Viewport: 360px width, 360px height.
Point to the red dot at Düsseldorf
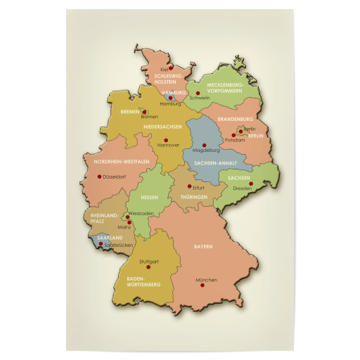(99, 176)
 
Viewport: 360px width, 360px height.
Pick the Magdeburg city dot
(205, 145)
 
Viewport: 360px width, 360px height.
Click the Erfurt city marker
(189, 186)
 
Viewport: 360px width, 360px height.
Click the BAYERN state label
(203, 247)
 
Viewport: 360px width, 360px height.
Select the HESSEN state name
(150, 197)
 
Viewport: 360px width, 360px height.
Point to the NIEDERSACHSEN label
(163, 127)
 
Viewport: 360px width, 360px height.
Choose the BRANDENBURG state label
(236, 120)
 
